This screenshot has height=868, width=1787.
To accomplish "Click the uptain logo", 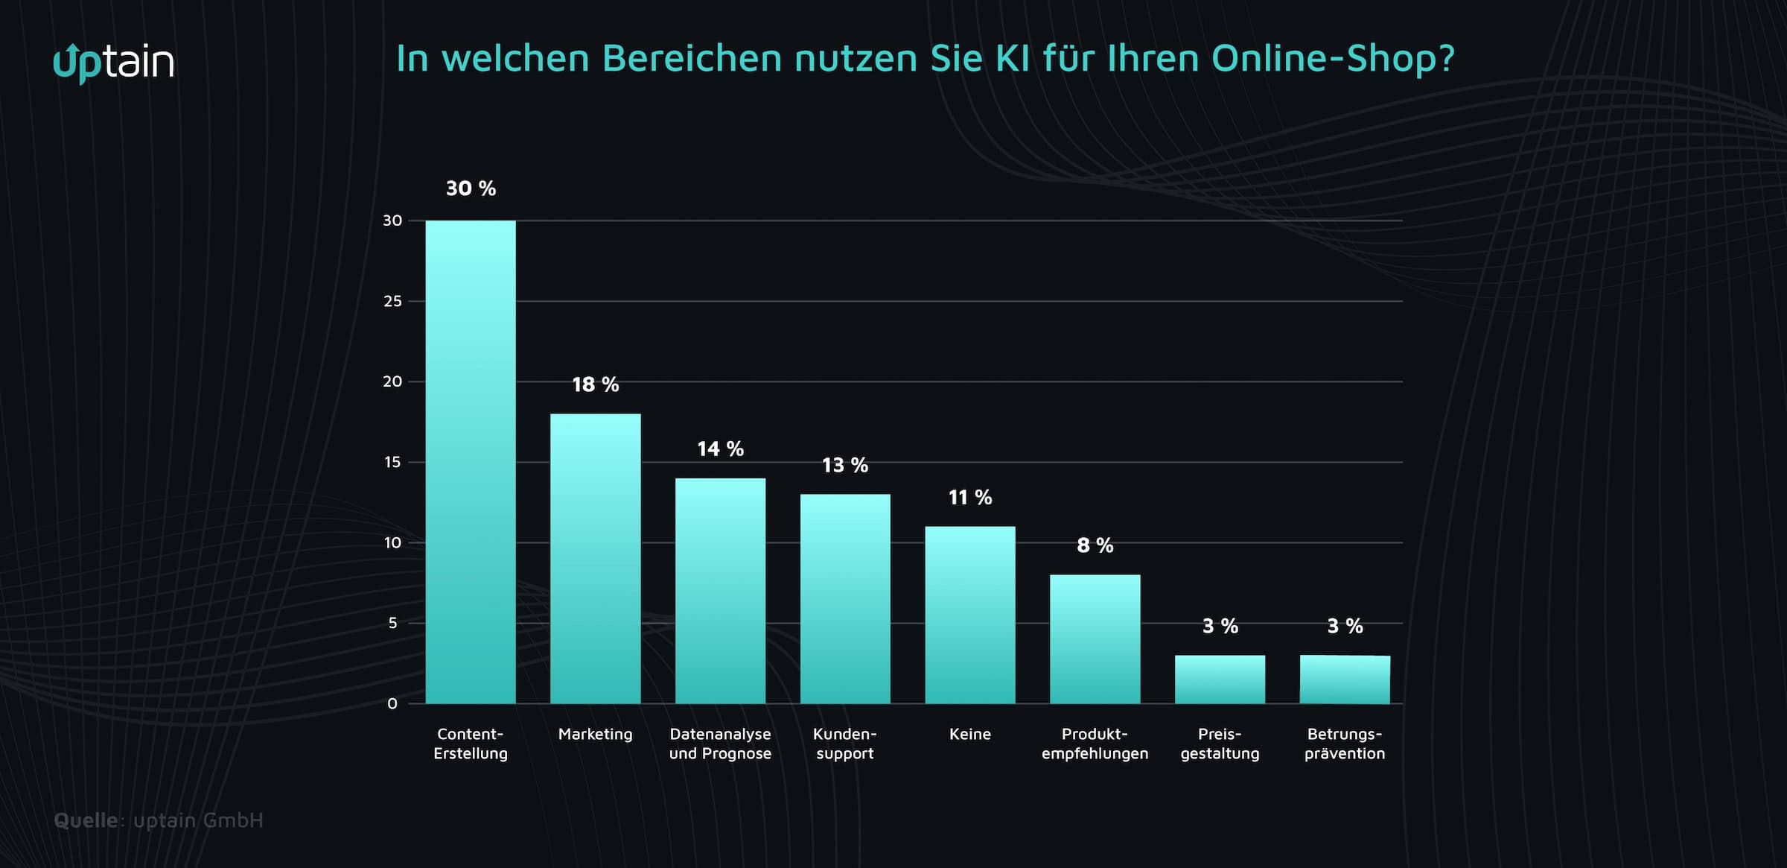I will (x=113, y=63).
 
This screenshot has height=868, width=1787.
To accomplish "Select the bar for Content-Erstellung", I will (x=470, y=462).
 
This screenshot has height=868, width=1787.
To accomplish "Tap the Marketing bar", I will (x=595, y=559).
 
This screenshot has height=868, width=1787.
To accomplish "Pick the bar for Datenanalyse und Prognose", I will (x=720, y=591).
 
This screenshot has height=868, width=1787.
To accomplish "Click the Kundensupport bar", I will (x=845, y=599).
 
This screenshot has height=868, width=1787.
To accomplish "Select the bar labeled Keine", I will (x=969, y=615).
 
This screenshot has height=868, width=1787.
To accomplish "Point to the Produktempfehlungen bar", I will (x=1095, y=639).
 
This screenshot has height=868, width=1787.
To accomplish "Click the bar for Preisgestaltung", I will (x=1220, y=679).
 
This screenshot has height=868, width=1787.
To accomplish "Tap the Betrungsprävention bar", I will (x=1345, y=679).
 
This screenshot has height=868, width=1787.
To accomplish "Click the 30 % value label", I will (x=471, y=189).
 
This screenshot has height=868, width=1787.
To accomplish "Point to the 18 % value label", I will (x=595, y=384).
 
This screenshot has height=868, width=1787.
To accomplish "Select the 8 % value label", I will (x=1095, y=545).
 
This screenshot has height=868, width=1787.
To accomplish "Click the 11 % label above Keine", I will (x=969, y=498).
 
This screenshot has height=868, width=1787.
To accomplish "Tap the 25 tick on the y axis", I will (x=392, y=301).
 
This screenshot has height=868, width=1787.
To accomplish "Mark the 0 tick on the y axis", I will (x=392, y=703).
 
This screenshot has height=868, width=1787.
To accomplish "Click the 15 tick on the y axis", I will (x=392, y=462).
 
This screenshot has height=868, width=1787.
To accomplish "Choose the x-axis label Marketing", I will (x=595, y=734).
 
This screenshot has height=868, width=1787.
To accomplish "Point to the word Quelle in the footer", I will (x=86, y=820).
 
